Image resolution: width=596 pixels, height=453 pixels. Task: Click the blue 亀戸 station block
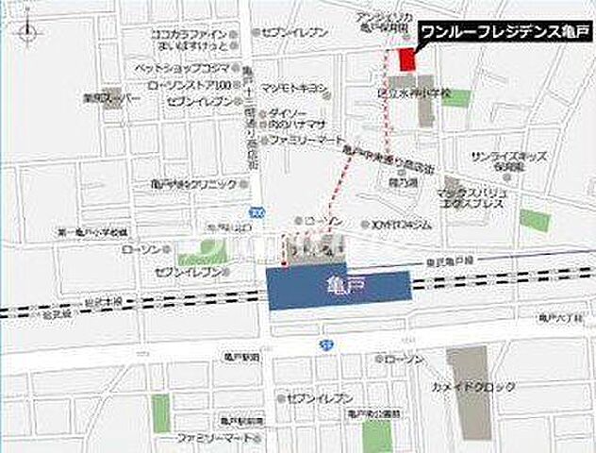[x=339, y=289]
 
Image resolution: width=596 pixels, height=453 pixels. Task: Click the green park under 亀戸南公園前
[x=377, y=434]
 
